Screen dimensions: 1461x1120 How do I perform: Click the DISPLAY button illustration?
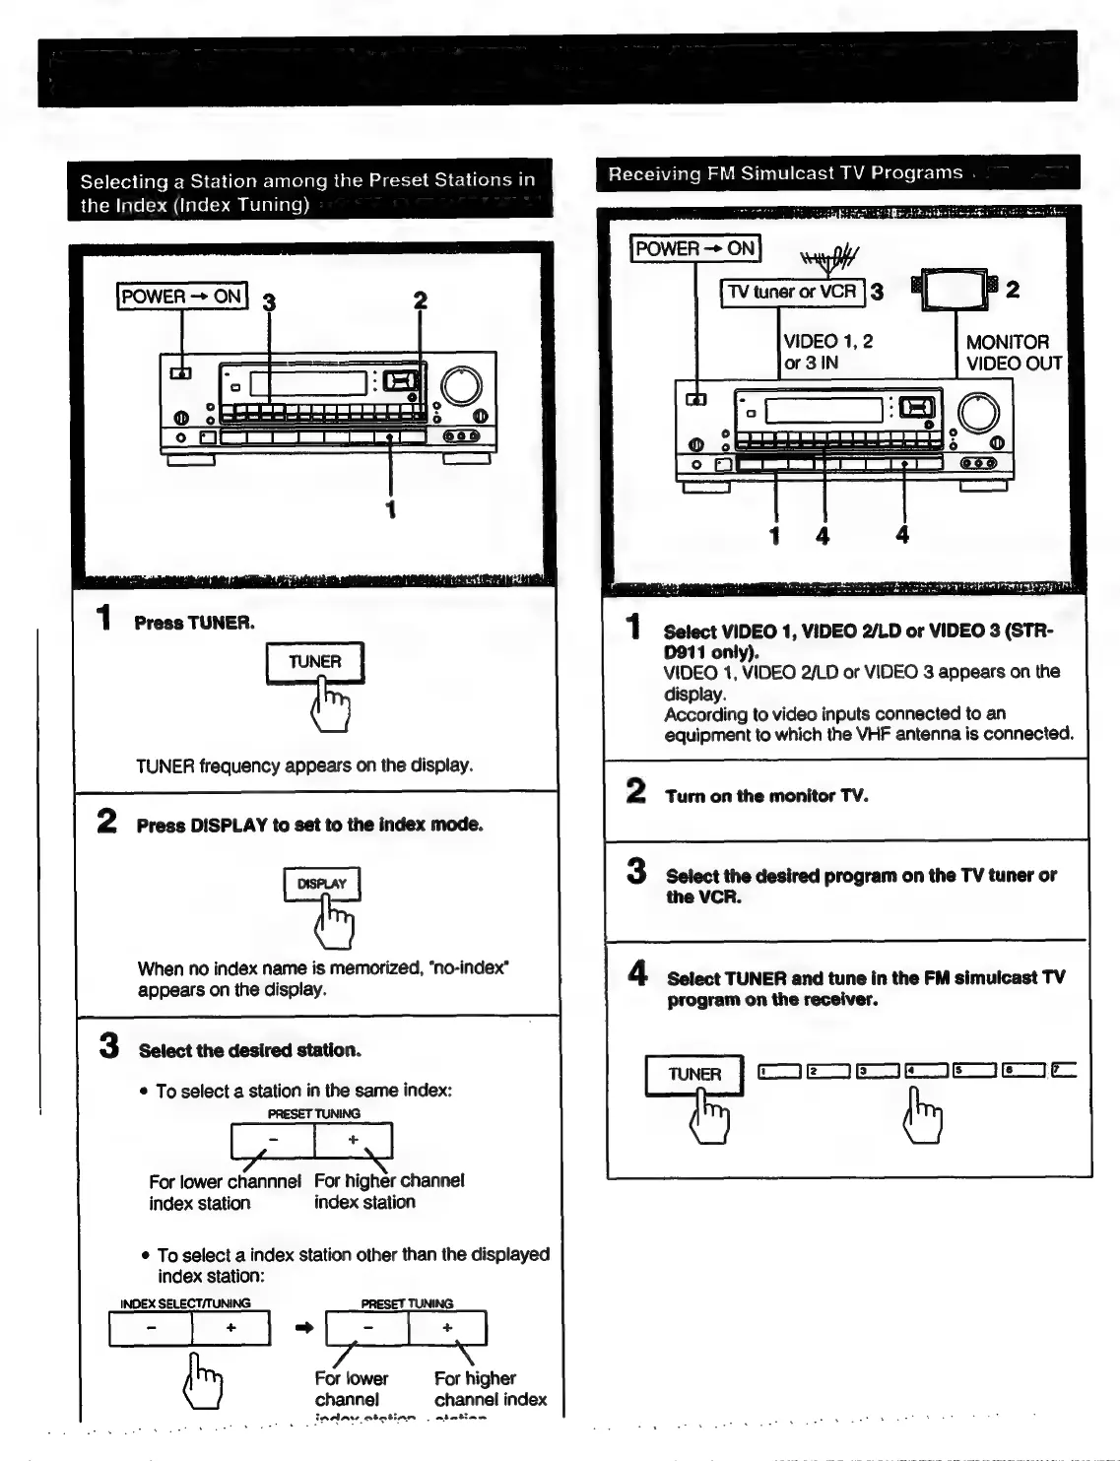(321, 884)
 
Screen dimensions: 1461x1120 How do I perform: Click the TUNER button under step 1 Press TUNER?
(314, 662)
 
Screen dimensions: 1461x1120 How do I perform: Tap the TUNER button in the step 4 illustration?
(694, 1075)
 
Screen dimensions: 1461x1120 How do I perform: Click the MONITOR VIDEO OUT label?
(1014, 353)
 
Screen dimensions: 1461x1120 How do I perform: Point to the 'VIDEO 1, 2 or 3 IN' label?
(827, 353)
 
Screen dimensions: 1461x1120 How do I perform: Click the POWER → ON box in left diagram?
(182, 296)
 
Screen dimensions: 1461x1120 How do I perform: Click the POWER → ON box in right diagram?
(695, 248)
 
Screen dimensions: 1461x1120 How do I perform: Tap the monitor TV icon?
(956, 289)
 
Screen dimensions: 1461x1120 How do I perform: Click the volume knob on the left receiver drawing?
(461, 386)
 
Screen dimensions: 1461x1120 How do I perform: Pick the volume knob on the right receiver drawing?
(978, 412)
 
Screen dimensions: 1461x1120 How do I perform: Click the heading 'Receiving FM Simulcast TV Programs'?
(785, 173)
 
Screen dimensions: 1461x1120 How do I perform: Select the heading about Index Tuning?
(307, 192)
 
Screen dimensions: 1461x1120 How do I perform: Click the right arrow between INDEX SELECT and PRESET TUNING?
(304, 1328)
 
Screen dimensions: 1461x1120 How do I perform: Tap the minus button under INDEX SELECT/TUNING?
(151, 1328)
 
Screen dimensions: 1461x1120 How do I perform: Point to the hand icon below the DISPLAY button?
(333, 923)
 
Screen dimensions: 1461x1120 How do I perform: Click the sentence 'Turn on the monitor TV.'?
(766, 796)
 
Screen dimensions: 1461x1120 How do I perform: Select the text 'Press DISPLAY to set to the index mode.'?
(309, 825)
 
